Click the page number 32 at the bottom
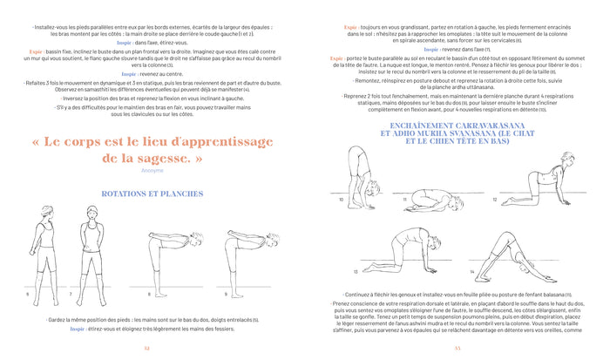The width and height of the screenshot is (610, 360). (146, 348)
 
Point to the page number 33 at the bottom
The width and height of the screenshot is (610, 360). (457, 348)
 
